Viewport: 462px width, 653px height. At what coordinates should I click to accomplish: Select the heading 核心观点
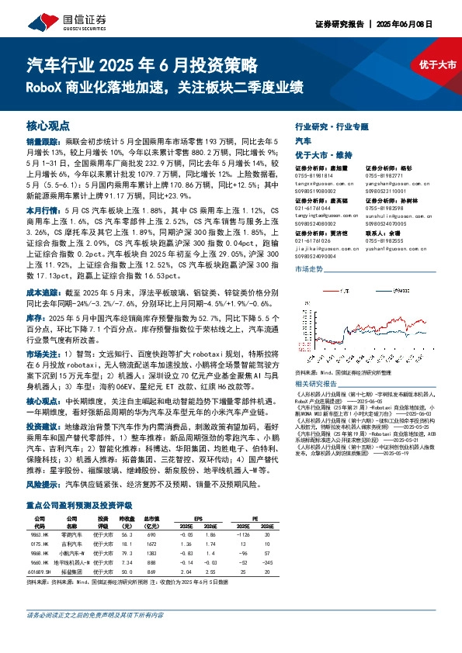tap(48, 126)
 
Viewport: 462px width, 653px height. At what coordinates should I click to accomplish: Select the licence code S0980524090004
tap(316, 254)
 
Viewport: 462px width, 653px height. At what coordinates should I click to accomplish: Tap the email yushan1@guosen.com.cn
tap(388, 247)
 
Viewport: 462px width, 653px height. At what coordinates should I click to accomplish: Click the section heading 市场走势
tap(310, 268)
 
